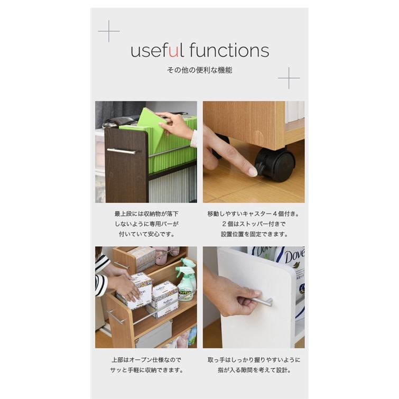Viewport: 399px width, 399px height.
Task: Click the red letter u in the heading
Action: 173,52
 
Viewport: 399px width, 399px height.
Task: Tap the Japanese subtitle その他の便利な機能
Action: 200,70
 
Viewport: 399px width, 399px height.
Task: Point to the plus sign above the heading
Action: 109,31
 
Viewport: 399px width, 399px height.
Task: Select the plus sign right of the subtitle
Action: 289,78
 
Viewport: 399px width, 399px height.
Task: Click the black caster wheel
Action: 276,164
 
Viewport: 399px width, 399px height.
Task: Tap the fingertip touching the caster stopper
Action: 253,172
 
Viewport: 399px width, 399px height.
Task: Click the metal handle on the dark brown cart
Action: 122,151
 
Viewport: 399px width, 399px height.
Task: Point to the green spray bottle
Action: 186,280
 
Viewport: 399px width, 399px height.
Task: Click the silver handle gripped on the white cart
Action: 262,301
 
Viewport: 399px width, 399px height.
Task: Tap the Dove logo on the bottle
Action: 295,256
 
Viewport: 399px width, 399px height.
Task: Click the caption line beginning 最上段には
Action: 146,214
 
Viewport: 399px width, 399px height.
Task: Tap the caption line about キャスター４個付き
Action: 253,214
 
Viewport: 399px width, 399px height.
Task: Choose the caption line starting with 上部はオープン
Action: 146,360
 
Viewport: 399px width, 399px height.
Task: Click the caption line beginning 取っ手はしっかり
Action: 254,360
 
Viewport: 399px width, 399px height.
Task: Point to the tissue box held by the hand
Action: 134,290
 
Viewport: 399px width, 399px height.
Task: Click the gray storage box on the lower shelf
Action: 154,335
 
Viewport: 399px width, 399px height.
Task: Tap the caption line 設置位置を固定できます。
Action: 254,234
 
